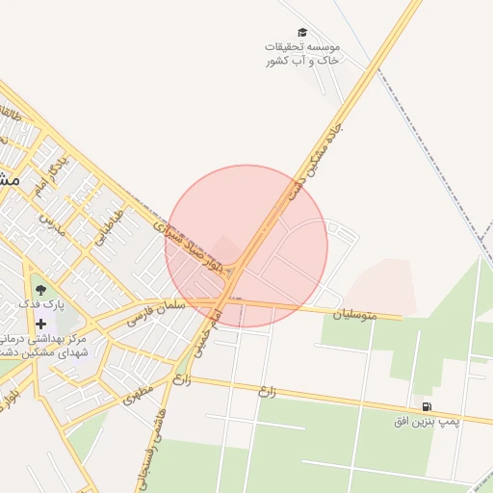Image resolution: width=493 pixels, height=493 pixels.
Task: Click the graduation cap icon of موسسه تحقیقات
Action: tap(302, 33)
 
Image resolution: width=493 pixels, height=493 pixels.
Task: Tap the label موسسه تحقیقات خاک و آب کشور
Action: tap(302, 53)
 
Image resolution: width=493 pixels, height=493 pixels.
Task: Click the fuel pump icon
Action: tap(427, 406)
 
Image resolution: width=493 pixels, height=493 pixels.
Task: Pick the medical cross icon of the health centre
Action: tap(40, 324)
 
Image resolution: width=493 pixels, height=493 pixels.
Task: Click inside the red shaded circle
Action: tap(279, 221)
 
